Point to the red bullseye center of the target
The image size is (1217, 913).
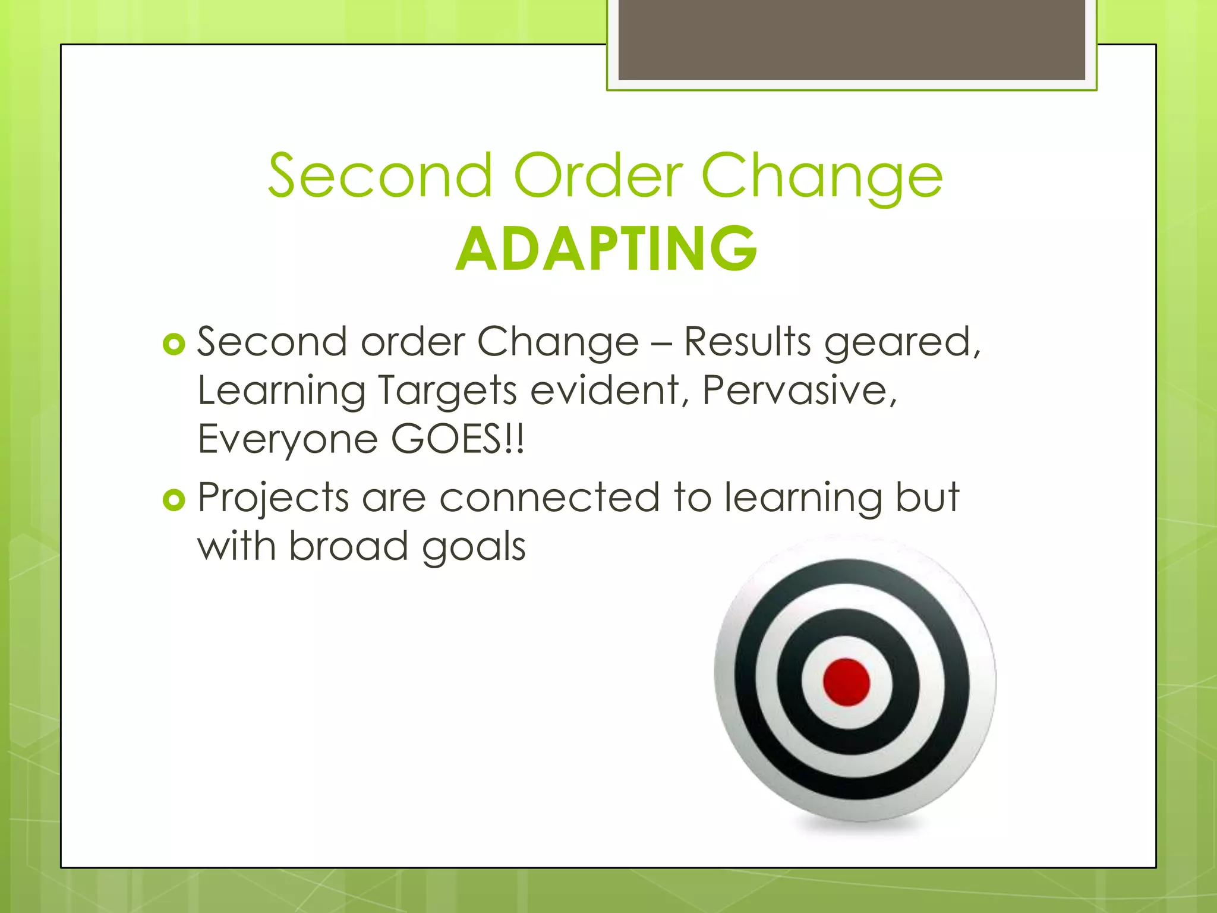[x=846, y=682]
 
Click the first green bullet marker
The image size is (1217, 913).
[x=174, y=344]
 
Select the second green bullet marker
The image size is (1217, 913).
[x=174, y=500]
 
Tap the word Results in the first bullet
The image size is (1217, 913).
[x=747, y=342]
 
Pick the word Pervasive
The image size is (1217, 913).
[x=799, y=391]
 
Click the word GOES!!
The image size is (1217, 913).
[x=458, y=440]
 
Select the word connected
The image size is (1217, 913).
[x=550, y=498]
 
